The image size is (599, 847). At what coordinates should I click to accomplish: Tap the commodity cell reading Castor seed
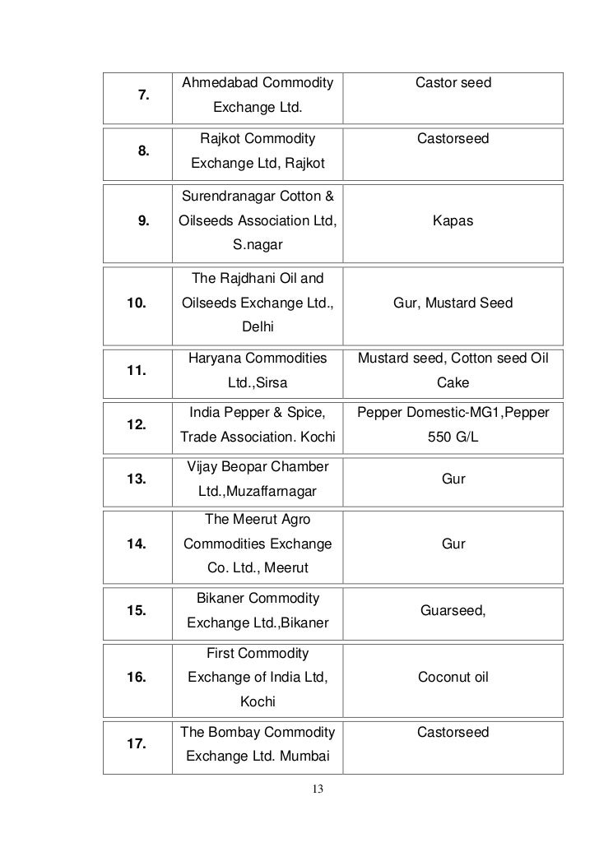453,83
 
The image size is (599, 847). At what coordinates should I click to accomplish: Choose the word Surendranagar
224,197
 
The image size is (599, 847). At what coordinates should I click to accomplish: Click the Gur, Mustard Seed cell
453,303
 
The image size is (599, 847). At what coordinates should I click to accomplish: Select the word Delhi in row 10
258,328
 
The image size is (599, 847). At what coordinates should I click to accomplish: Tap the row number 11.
137,370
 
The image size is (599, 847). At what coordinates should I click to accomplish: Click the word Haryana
213,359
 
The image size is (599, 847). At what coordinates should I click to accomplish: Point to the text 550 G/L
453,437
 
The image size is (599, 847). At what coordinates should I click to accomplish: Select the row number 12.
137,425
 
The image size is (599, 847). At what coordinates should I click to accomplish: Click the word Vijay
203,468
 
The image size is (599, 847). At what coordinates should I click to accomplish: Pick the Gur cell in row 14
453,544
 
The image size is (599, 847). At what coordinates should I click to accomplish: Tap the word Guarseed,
453,611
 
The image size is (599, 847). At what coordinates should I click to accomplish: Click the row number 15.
137,611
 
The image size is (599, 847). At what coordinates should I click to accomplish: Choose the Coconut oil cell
453,678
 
